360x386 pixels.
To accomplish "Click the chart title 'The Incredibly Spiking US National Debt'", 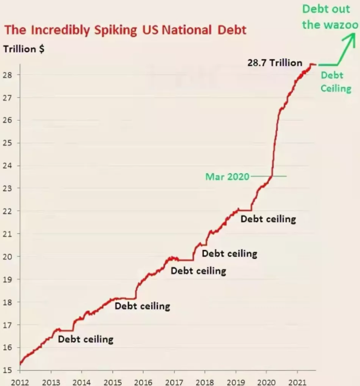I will click(x=125, y=29).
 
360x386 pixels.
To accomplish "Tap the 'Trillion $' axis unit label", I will click(x=24, y=49).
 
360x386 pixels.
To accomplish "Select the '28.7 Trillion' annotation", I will click(x=275, y=63).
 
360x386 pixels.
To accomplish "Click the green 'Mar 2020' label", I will click(x=227, y=176).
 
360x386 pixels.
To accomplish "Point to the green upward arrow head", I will click(x=347, y=39).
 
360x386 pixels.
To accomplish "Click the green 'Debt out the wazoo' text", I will click(x=330, y=16).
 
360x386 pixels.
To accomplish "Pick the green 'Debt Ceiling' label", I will click(x=335, y=82).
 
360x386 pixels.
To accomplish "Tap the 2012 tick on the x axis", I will click(x=20, y=381).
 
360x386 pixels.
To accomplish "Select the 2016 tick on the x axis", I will click(x=143, y=381).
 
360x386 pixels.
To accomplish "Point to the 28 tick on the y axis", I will click(x=10, y=75).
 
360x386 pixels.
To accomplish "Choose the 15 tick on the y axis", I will click(x=10, y=370).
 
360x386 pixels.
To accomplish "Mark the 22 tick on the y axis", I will click(x=10, y=211).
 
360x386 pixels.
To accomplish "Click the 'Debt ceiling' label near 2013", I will click(x=86, y=340).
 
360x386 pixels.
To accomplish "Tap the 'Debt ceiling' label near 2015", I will click(x=142, y=306).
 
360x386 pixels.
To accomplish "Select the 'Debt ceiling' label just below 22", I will click(x=268, y=219).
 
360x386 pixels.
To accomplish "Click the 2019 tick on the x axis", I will click(x=235, y=381).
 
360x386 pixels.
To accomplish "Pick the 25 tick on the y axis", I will click(x=10, y=143).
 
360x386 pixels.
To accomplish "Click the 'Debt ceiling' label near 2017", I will click(x=198, y=271).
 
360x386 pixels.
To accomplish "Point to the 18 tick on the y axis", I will click(x=10, y=302).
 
